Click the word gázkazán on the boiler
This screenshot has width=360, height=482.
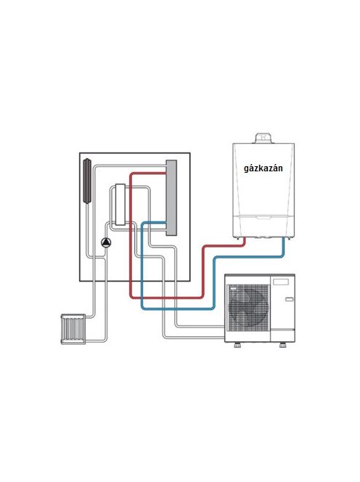click(263, 168)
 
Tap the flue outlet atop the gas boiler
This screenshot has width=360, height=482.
click(263, 139)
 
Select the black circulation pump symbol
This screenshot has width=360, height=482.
click(106, 243)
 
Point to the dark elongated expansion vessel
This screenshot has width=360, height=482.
click(87, 181)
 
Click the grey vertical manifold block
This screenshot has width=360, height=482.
click(171, 197)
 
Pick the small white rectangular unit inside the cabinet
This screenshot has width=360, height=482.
click(120, 205)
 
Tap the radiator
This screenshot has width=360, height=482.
click(73, 329)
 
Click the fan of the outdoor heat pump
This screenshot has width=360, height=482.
click(247, 307)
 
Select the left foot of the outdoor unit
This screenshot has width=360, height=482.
click(237, 345)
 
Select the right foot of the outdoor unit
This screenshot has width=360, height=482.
click(283, 345)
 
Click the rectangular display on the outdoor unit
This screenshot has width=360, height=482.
click(281, 282)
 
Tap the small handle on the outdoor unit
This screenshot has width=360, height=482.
click(289, 299)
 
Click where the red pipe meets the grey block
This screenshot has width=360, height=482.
click(166, 173)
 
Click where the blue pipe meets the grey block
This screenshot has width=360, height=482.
click(166, 223)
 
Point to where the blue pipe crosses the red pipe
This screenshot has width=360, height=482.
click(142, 297)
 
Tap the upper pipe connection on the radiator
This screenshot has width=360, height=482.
click(86, 317)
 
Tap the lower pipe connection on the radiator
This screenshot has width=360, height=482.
click(86, 340)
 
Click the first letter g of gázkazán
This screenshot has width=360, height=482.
click(247, 169)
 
